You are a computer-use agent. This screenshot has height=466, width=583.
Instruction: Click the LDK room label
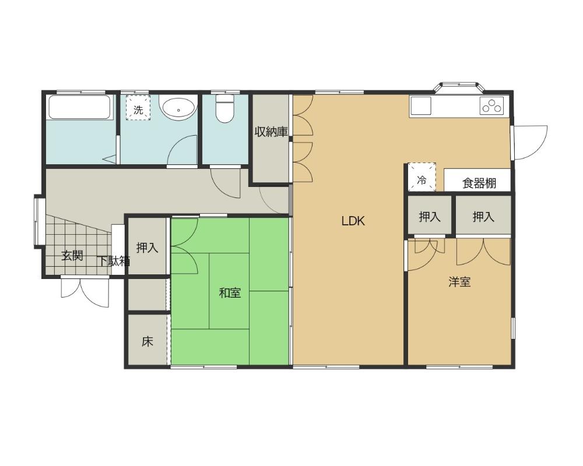pyautogui.click(x=353, y=221)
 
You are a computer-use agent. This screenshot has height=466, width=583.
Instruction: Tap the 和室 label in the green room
pyautogui.click(x=230, y=293)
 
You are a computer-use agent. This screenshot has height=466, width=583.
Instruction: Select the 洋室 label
pyautogui.click(x=459, y=282)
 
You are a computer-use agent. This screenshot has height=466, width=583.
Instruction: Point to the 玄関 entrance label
pyautogui.click(x=72, y=255)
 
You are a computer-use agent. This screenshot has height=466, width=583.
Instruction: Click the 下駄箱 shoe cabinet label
pyautogui.click(x=114, y=261)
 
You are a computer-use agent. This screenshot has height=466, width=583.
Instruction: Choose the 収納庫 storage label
pyautogui.click(x=271, y=132)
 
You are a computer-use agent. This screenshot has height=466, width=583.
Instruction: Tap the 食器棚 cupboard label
pyautogui.click(x=479, y=183)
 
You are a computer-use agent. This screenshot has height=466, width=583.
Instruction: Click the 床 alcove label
pyautogui.click(x=147, y=341)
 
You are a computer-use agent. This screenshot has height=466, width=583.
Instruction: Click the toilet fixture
pyautogui.click(x=224, y=108)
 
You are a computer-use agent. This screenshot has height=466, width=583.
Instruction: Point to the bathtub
pyautogui.click(x=79, y=107)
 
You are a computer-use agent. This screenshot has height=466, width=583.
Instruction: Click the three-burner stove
pyautogui.click(x=491, y=105)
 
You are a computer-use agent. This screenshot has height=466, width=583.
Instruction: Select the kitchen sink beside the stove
pyautogui.click(x=420, y=105)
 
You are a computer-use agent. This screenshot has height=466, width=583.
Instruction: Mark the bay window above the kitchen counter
pyautogui.click(x=459, y=87)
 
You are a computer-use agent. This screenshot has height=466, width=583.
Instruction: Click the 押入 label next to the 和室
pyautogui.click(x=147, y=247)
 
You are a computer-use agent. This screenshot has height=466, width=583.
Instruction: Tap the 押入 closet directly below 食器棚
pyautogui.click(x=483, y=216)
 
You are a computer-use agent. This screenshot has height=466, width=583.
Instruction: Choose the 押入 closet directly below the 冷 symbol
pyautogui.click(x=430, y=216)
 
